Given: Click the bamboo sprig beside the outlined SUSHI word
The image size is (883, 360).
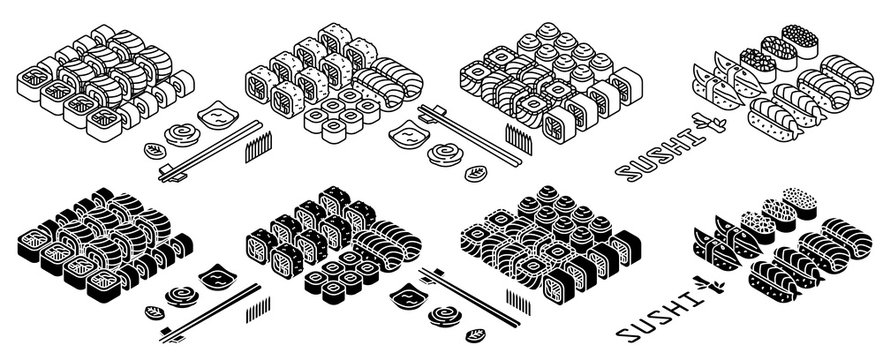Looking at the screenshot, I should tap(718, 125).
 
